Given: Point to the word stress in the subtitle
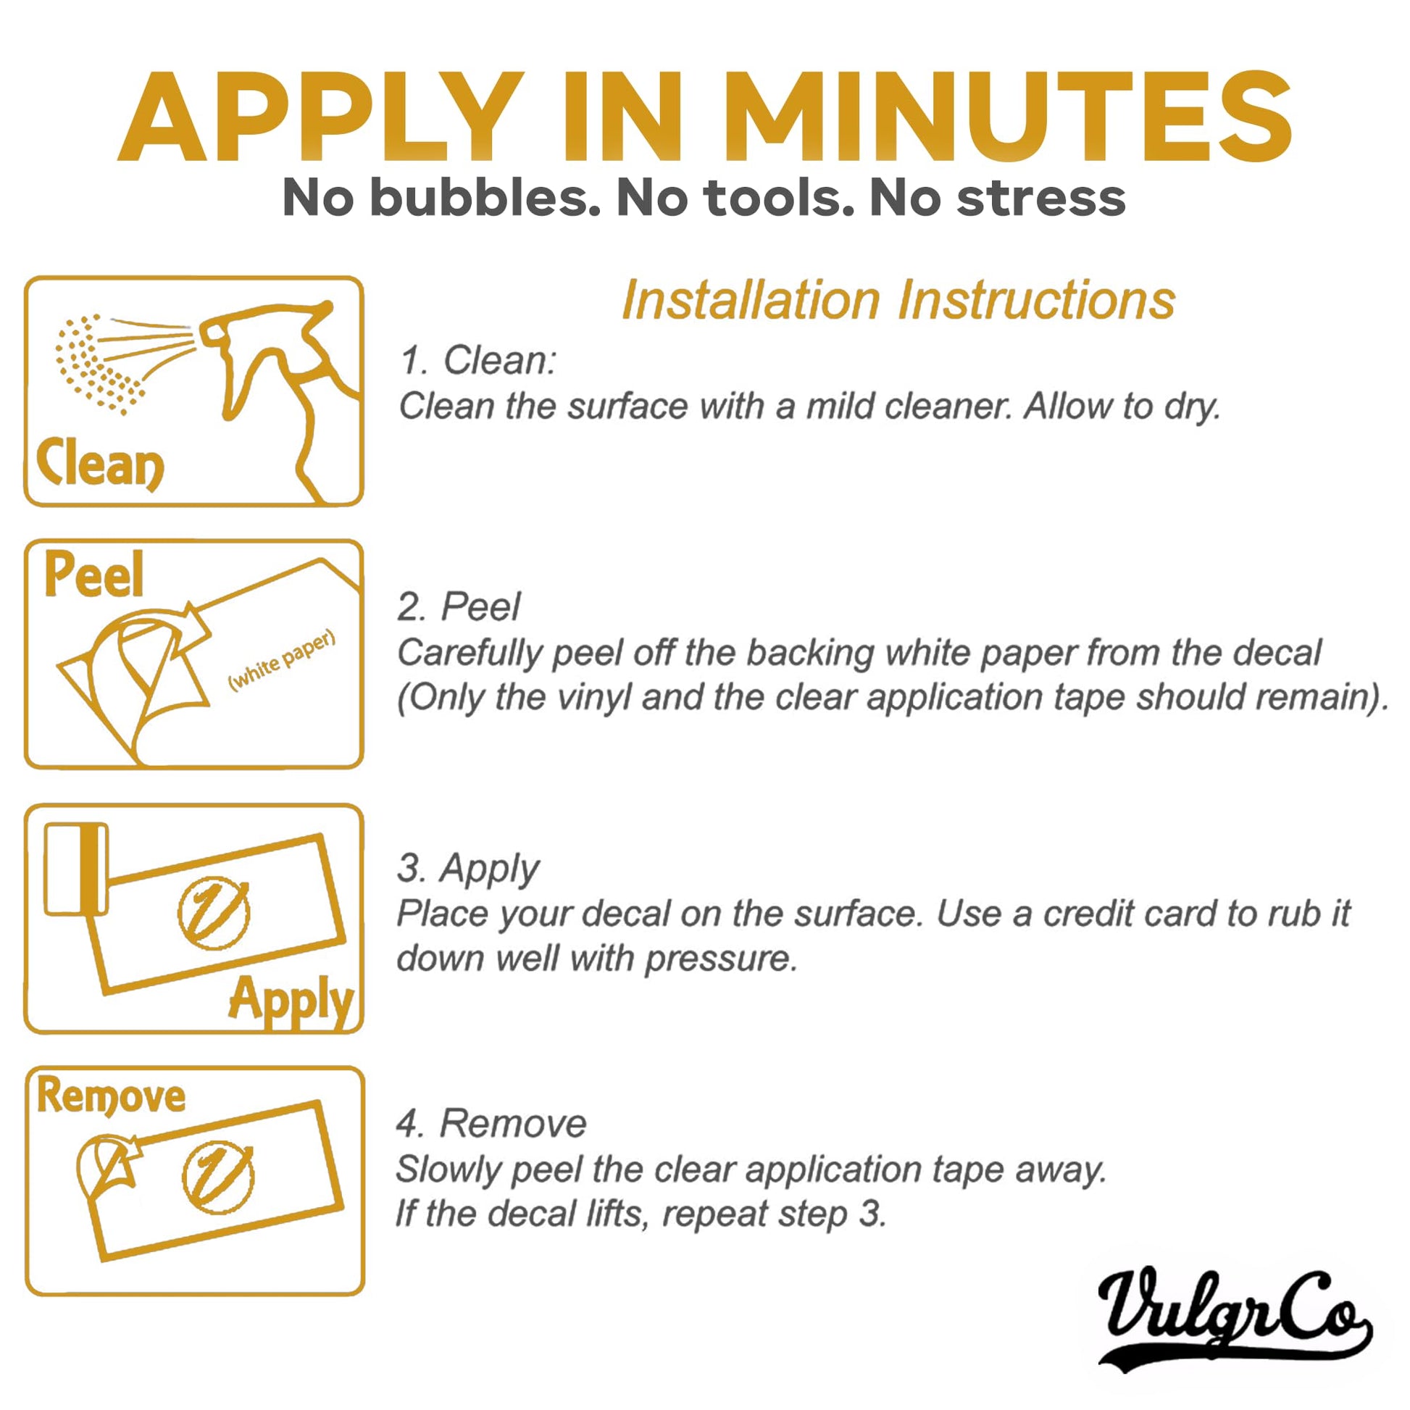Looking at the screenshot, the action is coord(1041,199).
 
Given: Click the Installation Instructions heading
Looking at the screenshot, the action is coord(898,300).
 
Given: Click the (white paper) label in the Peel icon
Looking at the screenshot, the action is coord(282,660).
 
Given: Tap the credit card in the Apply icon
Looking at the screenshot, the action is coord(76,869).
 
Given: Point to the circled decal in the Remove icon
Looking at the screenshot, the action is coord(217,1177).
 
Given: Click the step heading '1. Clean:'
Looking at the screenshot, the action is coord(478,361).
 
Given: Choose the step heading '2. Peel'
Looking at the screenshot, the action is coord(459,606).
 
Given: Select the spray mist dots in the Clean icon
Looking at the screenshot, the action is coord(99,363).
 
